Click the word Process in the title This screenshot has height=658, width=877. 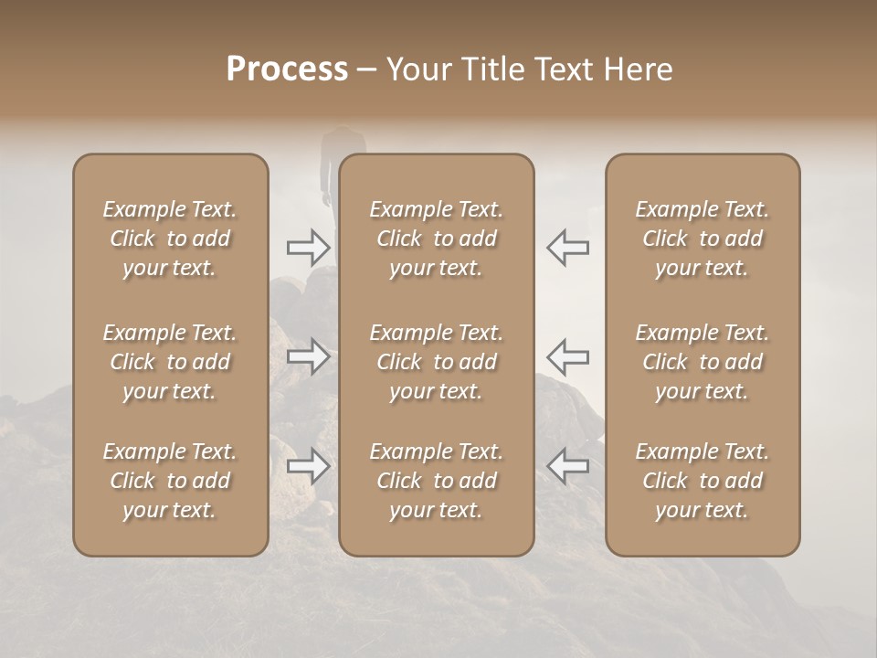287,69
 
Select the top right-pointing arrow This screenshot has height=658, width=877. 308,247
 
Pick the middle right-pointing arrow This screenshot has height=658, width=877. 308,356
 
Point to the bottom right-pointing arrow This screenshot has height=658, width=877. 308,466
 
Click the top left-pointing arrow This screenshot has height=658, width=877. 567,247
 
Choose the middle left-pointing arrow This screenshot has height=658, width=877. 567,356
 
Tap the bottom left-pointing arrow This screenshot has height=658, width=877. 567,466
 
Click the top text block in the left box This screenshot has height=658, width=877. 170,239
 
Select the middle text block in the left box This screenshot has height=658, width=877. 170,362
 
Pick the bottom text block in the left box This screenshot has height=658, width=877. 170,481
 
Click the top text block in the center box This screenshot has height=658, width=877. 436,239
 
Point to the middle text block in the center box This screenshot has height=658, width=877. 436,362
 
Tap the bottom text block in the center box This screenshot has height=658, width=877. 436,481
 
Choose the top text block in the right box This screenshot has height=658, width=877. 702,239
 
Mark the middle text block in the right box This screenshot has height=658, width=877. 702,362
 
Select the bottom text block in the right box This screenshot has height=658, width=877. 702,481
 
